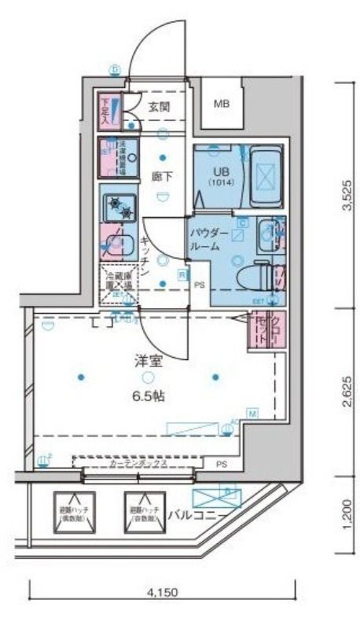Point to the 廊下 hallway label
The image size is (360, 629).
[x=163, y=176]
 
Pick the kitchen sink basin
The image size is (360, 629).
[x=119, y=244]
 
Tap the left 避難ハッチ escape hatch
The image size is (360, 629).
[x=75, y=513]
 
